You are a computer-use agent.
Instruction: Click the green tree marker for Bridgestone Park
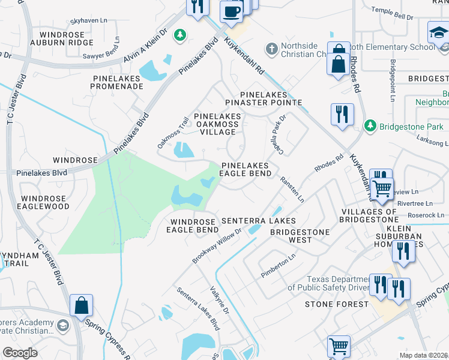(370, 125)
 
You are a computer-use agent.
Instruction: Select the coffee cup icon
(232, 11)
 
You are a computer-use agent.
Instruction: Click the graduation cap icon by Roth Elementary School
(438, 33)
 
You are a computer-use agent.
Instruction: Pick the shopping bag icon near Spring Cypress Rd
(80, 305)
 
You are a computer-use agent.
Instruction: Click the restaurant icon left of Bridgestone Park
(342, 115)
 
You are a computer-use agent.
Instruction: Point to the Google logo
(20, 352)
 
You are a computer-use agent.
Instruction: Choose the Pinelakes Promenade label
(117, 82)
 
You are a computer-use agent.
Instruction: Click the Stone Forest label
(336, 304)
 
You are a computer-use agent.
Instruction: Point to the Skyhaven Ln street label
(88, 20)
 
